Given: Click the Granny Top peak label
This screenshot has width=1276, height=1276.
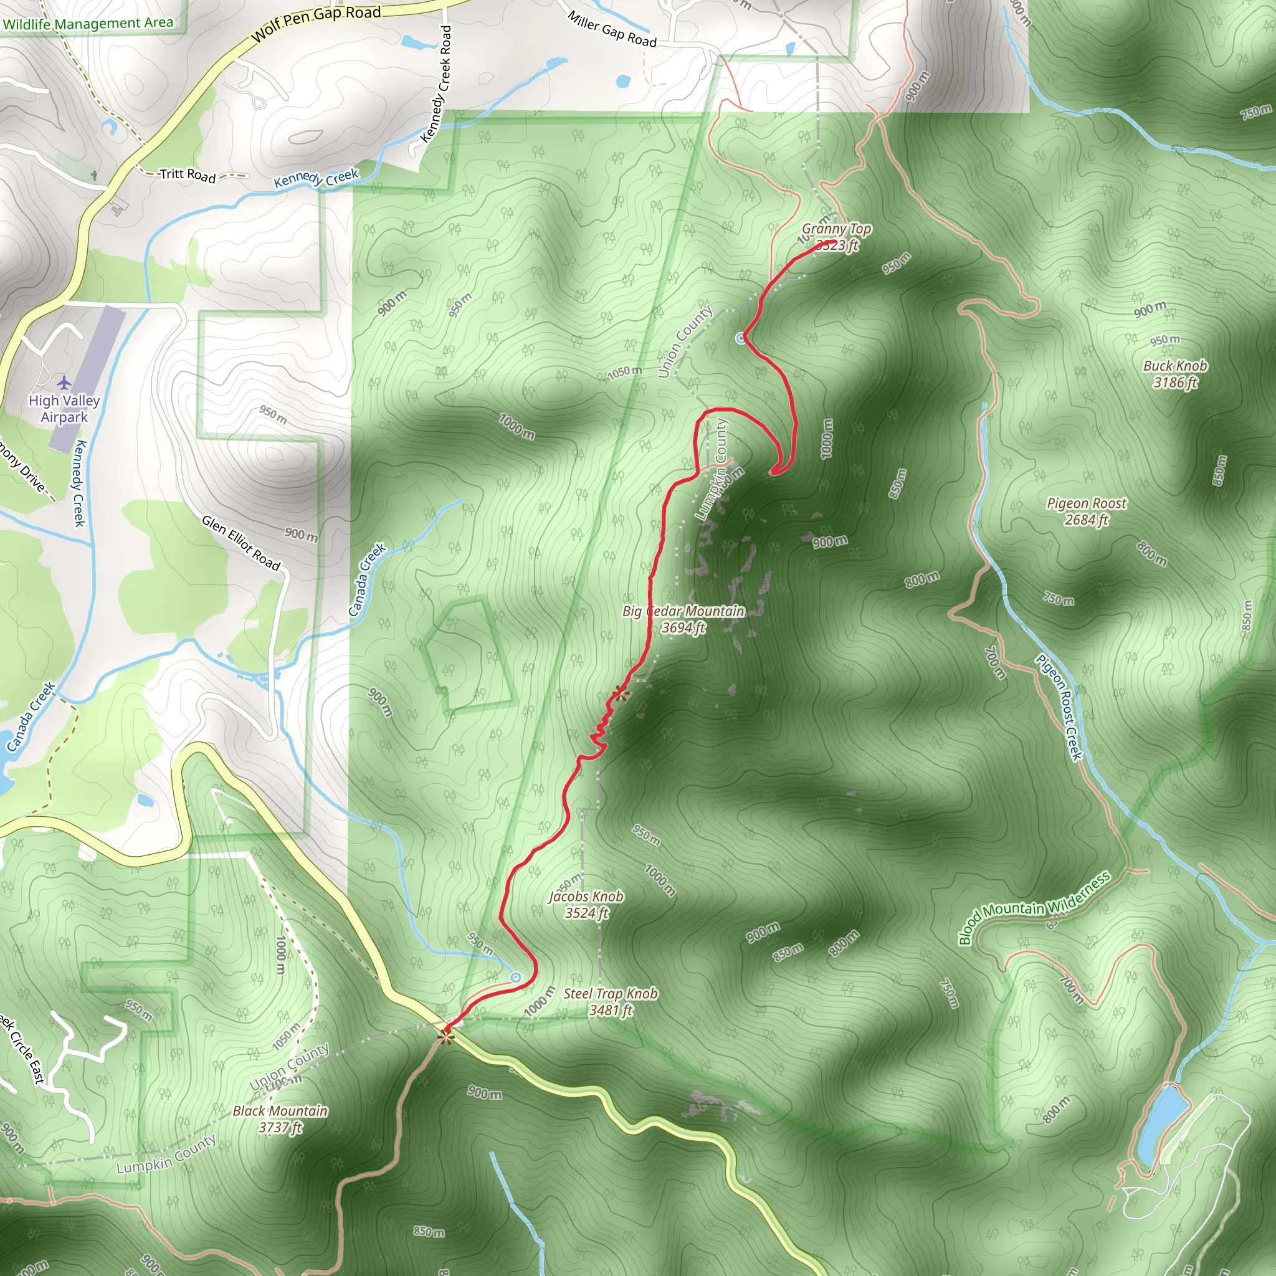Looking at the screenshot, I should click(x=836, y=236).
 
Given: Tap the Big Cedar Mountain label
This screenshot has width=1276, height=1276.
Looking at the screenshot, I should click(x=683, y=619).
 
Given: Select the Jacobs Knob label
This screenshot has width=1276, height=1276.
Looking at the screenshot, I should click(x=586, y=904).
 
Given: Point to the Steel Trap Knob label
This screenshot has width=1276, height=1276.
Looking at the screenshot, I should click(x=610, y=1001).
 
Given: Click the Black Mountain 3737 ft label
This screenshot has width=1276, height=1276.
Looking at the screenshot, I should click(x=280, y=1119).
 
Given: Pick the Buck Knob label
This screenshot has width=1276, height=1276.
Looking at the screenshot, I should click(x=1175, y=374).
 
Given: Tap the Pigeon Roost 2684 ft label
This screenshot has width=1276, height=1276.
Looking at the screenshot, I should click(x=1087, y=511).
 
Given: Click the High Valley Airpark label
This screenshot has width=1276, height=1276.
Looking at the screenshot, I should click(x=64, y=408).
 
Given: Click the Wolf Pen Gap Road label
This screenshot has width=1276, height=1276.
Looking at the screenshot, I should click(x=317, y=23).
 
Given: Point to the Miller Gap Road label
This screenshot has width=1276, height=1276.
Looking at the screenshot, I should click(x=612, y=30).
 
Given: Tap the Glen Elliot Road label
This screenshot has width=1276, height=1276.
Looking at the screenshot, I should click(x=241, y=542).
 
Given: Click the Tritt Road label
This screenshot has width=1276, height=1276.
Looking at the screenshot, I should click(x=188, y=174).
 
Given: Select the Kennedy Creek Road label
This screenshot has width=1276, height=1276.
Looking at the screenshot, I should click(x=437, y=84).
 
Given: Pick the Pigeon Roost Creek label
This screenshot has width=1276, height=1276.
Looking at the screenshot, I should click(x=1059, y=707).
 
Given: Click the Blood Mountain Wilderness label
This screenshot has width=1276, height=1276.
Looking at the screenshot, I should click(x=1034, y=908).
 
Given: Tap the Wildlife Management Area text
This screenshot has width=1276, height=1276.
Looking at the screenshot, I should click(x=88, y=24).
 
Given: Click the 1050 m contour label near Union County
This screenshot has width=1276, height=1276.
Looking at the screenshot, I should click(x=624, y=373).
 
